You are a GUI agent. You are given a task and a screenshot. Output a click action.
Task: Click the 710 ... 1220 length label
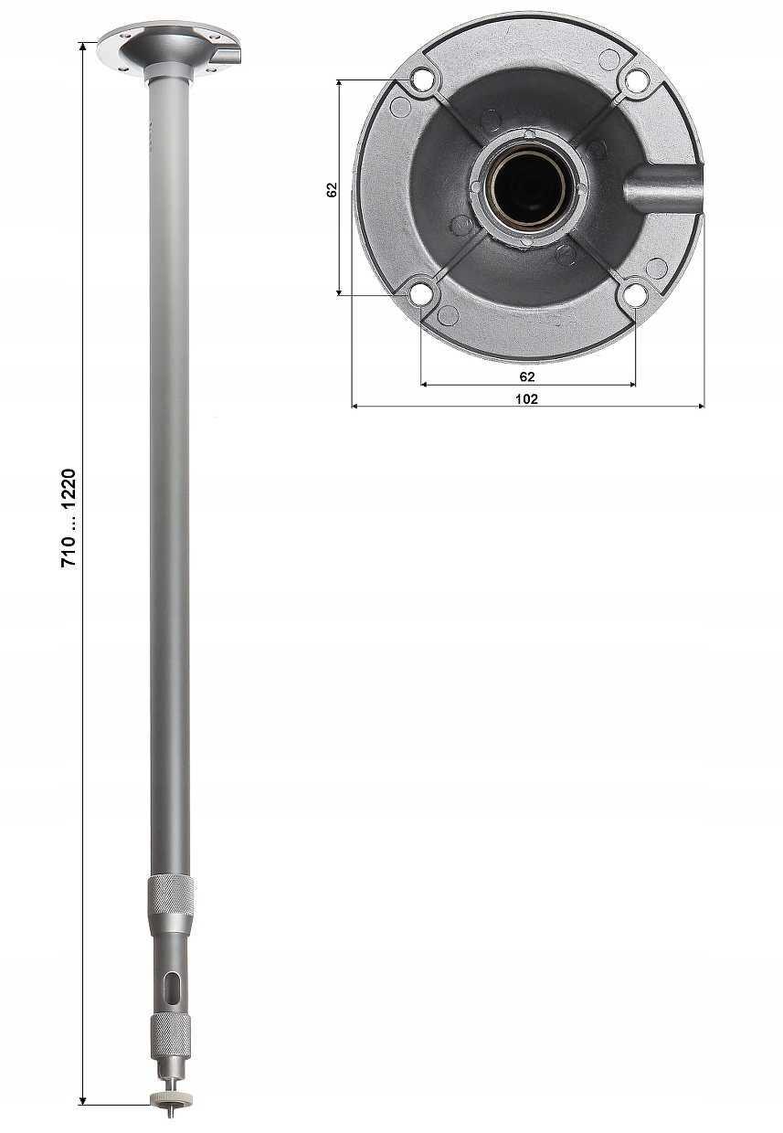[x=69, y=519]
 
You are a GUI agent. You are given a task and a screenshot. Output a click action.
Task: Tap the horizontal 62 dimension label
[x=527, y=376]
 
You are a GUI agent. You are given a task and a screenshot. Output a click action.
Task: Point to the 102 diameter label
[x=527, y=398]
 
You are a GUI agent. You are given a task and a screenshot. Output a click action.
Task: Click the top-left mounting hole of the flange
[x=421, y=81]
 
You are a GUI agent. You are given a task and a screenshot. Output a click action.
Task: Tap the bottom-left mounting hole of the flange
[x=420, y=294]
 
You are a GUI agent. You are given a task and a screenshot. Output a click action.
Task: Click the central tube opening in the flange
[x=527, y=188]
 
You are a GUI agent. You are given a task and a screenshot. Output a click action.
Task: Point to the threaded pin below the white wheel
[x=170, y=1112]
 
